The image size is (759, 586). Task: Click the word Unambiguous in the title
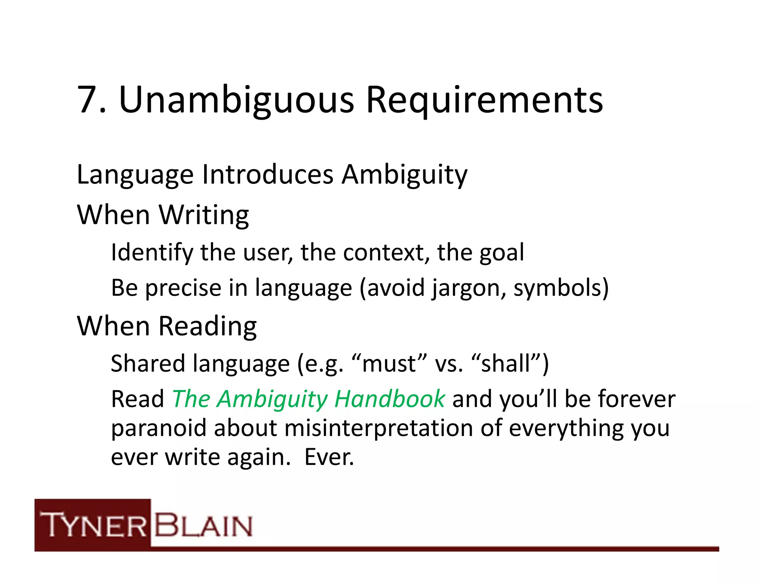point(236,100)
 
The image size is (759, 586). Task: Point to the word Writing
point(204,216)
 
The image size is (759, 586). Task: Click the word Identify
point(152,253)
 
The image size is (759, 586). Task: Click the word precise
point(183,288)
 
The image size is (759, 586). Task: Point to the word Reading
point(208,327)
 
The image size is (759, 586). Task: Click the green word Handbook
point(389,399)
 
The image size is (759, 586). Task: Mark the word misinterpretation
point(379,429)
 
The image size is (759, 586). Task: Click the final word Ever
point(329,457)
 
